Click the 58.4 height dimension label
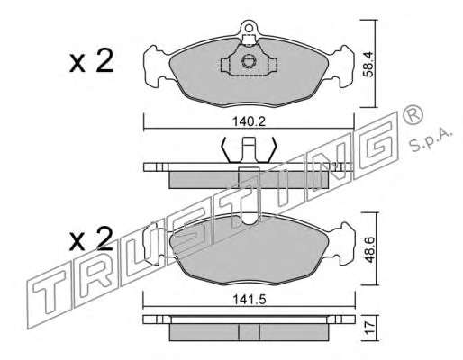(x=368, y=64)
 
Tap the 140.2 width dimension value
(x=250, y=121)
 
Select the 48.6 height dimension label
(x=369, y=249)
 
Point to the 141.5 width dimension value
(x=250, y=300)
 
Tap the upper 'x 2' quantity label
(x=91, y=61)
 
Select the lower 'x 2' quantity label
(x=91, y=239)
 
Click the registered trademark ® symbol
(x=413, y=116)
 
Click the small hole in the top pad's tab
(x=249, y=28)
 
